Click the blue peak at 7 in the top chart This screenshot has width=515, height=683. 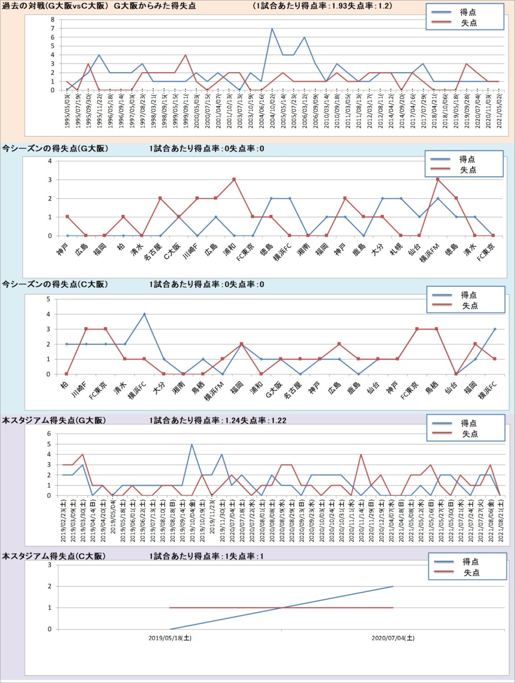click(x=272, y=28)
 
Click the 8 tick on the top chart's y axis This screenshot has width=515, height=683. click(x=53, y=20)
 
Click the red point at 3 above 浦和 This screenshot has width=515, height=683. click(x=234, y=179)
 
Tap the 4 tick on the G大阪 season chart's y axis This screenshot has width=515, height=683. click(x=50, y=161)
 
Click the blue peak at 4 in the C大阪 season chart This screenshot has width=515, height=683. click(x=144, y=314)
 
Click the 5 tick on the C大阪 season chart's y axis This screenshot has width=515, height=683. click(x=48, y=299)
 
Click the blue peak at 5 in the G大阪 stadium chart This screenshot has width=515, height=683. click(x=192, y=444)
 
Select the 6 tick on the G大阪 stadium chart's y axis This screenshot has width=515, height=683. click(x=49, y=434)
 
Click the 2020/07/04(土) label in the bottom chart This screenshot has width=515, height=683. click(x=393, y=638)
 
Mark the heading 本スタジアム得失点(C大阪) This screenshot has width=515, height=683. click(x=54, y=556)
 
